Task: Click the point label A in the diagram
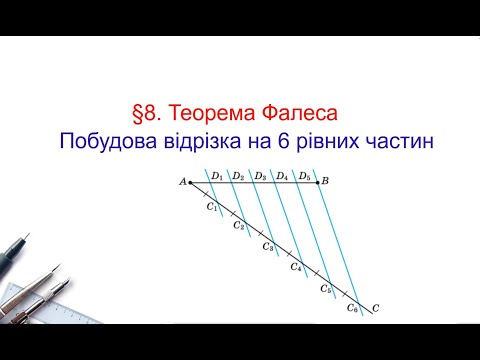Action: click(x=183, y=182)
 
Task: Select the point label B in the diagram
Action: click(x=326, y=181)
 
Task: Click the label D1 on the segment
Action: click(x=216, y=176)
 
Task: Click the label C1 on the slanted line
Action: click(x=212, y=207)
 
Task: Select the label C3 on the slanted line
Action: click(x=268, y=247)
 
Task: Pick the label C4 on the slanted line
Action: click(x=296, y=267)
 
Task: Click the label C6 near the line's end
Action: click(x=353, y=309)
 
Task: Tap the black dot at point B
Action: click(x=318, y=182)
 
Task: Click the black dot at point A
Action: click(x=191, y=182)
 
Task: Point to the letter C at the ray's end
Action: click(x=375, y=308)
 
